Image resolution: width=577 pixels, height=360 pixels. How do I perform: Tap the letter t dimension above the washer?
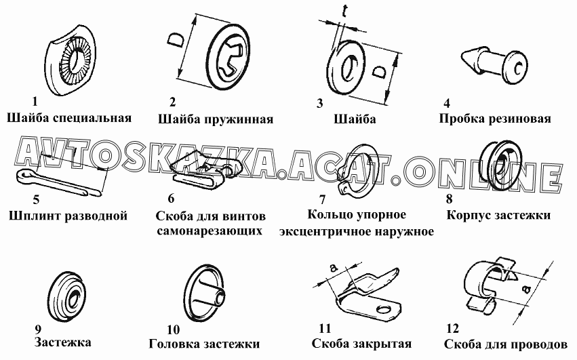[x=344, y=11]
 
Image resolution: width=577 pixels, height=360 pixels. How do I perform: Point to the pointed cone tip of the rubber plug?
[x=462, y=56]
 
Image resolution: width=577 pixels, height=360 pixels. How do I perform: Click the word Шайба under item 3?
[x=355, y=119]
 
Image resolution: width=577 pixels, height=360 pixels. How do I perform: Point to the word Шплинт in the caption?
[x=35, y=216]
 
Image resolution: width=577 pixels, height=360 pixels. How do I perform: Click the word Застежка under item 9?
[x=62, y=342]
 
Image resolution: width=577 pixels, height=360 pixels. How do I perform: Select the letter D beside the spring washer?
[x=176, y=40]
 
